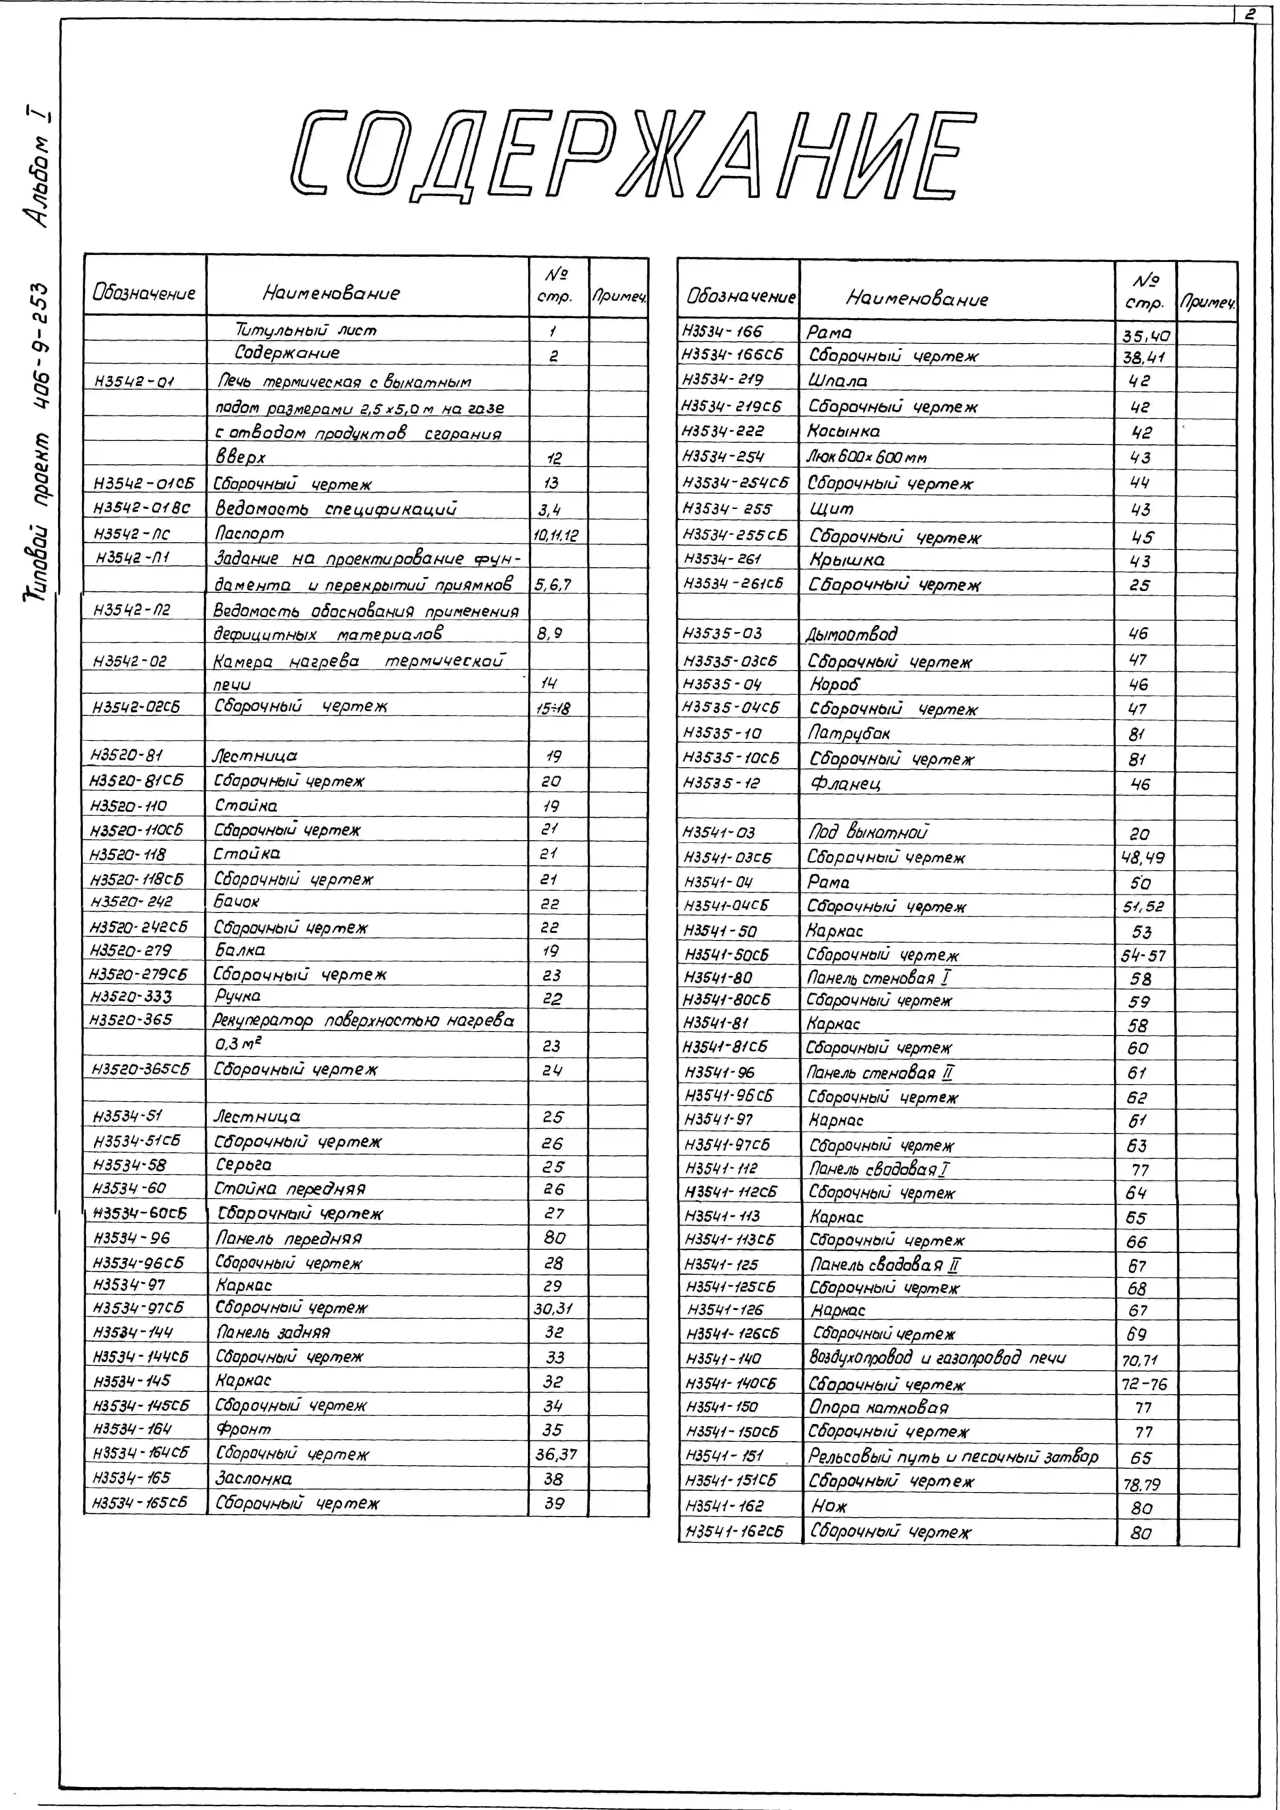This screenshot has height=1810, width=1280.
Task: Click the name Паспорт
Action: click(x=249, y=534)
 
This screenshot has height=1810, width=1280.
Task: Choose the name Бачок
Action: click(x=237, y=901)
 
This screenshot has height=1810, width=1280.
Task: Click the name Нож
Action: click(x=828, y=1506)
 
